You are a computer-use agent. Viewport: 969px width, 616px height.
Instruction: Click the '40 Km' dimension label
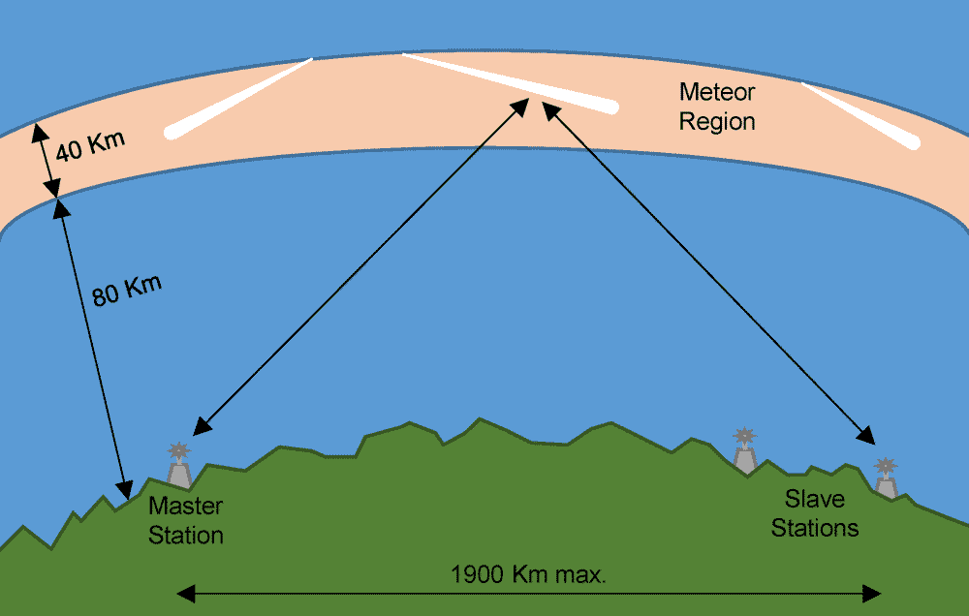pyautogui.click(x=90, y=148)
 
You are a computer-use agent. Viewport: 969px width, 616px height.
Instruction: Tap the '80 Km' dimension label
pyautogui.click(x=127, y=290)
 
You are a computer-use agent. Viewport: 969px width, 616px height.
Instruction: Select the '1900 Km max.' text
pyautogui.click(x=528, y=574)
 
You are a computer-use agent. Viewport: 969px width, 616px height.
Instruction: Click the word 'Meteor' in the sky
pyautogui.click(x=716, y=93)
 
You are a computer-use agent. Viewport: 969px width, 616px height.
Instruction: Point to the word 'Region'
pyautogui.click(x=716, y=122)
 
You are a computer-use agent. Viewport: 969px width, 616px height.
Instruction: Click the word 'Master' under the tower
pyautogui.click(x=185, y=507)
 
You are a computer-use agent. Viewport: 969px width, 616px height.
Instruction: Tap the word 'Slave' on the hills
pyautogui.click(x=814, y=500)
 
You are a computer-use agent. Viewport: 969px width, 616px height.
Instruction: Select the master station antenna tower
pyautogui.click(x=178, y=467)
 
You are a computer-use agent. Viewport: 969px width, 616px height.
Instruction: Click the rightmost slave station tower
pyautogui.click(x=885, y=478)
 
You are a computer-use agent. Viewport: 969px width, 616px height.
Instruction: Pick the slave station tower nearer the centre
pyautogui.click(x=744, y=451)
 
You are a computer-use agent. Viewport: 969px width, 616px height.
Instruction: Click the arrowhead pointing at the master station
pyautogui.click(x=200, y=427)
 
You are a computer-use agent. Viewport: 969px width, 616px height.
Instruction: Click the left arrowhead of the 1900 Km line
pyautogui.click(x=185, y=593)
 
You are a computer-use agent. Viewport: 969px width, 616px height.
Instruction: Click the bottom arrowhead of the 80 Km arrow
pyautogui.click(x=124, y=490)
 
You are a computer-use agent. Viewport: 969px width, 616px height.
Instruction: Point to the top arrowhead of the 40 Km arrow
pyautogui.click(x=38, y=130)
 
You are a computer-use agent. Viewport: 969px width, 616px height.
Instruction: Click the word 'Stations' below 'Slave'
pyautogui.click(x=815, y=528)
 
